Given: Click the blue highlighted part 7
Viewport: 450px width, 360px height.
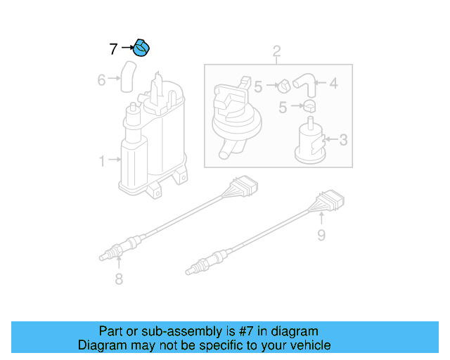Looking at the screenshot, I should (143, 49).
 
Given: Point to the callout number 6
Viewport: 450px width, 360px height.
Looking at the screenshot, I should (101, 80).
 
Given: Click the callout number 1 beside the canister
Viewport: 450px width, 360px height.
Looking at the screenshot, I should (102, 161).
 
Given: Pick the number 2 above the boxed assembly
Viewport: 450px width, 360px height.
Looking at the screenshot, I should (276, 51).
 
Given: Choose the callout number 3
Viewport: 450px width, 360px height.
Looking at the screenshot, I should (343, 140).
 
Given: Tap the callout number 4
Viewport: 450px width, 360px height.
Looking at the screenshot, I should (333, 83).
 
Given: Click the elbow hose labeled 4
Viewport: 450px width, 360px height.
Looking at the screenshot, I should (304, 82).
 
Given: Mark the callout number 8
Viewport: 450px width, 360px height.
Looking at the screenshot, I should (119, 280).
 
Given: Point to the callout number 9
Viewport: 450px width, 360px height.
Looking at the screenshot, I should (321, 235).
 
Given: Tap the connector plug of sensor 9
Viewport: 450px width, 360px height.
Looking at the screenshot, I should (331, 201).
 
